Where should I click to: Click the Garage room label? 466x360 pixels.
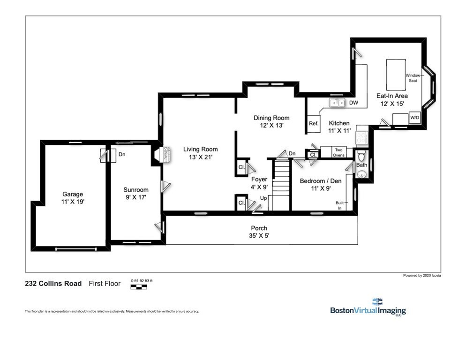73,194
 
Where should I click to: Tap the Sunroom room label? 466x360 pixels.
136,190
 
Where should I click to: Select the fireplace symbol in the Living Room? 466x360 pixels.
165,155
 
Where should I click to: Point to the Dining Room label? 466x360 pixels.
271,118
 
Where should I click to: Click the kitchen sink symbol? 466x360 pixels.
337,103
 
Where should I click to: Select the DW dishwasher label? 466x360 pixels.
353,103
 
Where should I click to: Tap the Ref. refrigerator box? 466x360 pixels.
314,124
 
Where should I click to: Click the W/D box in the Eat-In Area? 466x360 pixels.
415,118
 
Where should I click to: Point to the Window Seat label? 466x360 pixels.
413,78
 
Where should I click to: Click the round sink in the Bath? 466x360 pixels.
361,174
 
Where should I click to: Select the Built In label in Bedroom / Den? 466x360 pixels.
339,205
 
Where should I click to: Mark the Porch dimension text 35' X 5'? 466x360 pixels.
259,236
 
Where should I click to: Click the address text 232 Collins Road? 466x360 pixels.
53,284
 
